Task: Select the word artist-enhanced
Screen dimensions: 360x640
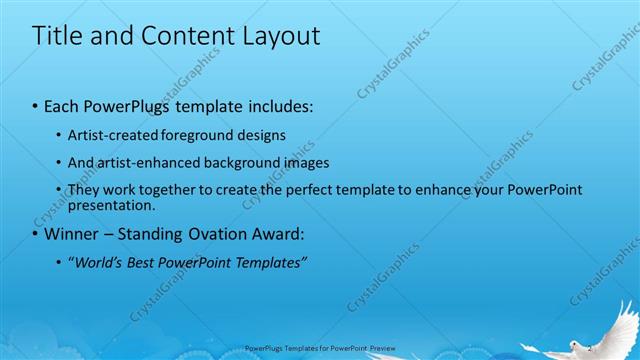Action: [139, 162]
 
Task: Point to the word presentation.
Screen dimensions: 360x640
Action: [111, 205]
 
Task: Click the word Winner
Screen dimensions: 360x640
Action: [72, 235]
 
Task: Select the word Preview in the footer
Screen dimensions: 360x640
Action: [381, 349]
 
